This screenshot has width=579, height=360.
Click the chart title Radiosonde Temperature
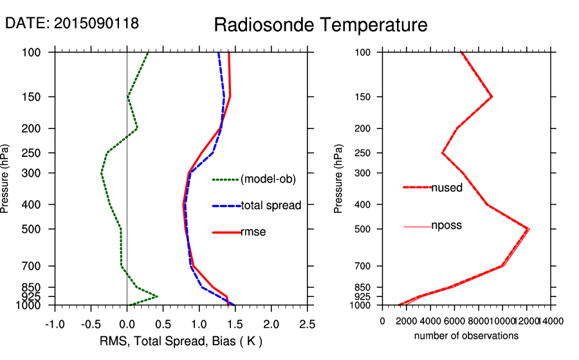pos(320,25)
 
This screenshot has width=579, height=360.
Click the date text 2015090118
pos(96,23)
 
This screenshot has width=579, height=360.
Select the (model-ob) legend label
pos(268,179)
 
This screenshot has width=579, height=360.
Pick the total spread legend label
pos(271,206)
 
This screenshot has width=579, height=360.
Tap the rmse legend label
pos(253,232)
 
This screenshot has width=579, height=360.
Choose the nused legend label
pos(446,187)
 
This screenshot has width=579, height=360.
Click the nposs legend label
pos(446,226)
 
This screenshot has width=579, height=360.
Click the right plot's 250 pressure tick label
pos(365,153)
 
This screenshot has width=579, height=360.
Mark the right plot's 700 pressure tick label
pos(365,266)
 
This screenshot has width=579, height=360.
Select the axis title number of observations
pos(466,336)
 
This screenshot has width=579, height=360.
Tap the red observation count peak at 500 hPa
pos(529,229)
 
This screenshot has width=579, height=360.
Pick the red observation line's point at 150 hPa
pos(492,97)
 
